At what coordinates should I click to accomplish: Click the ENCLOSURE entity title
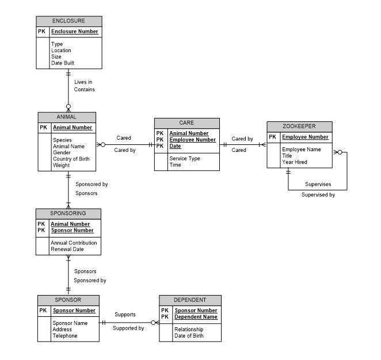(68, 21)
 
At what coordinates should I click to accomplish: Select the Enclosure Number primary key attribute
(75, 32)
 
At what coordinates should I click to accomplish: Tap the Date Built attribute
(63, 63)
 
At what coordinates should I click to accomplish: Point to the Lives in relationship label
(83, 82)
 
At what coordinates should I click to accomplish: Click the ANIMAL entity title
(66, 117)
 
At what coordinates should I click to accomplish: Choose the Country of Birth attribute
(71, 159)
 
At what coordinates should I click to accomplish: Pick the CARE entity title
(186, 123)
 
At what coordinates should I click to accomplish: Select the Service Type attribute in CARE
(185, 159)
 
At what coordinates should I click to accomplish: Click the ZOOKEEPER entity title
(299, 127)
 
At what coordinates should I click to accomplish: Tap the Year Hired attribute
(295, 162)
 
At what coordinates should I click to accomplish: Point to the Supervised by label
(318, 195)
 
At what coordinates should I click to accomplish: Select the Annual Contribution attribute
(74, 243)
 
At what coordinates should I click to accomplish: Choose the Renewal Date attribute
(67, 250)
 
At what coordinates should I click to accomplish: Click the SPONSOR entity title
(68, 300)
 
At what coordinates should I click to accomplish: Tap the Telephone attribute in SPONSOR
(65, 336)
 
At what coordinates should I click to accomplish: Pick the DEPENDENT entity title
(190, 300)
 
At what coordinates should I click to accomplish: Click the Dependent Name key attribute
(196, 317)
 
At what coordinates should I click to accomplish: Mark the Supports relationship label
(125, 315)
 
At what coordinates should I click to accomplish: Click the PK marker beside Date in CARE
(160, 146)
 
